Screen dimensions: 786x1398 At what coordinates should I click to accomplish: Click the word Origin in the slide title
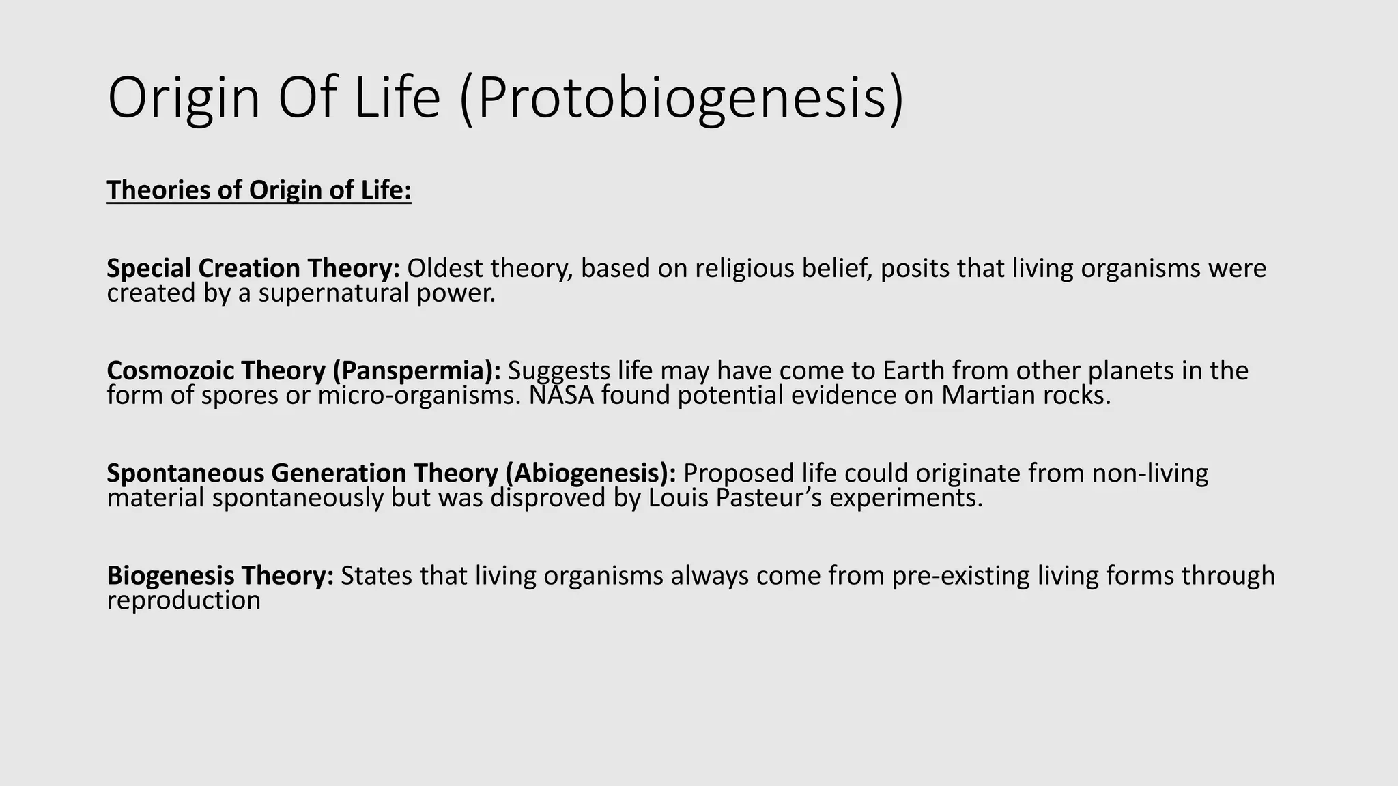[184, 100]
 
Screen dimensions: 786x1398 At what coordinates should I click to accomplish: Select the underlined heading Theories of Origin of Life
[259, 190]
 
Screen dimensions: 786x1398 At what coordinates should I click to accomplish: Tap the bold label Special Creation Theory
[253, 268]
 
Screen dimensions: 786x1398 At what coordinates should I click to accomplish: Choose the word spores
[239, 396]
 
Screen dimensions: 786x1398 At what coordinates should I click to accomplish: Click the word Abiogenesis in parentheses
[590, 473]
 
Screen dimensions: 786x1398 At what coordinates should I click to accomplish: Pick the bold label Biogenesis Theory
[220, 575]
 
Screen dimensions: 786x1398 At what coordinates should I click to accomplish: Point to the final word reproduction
[184, 600]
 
